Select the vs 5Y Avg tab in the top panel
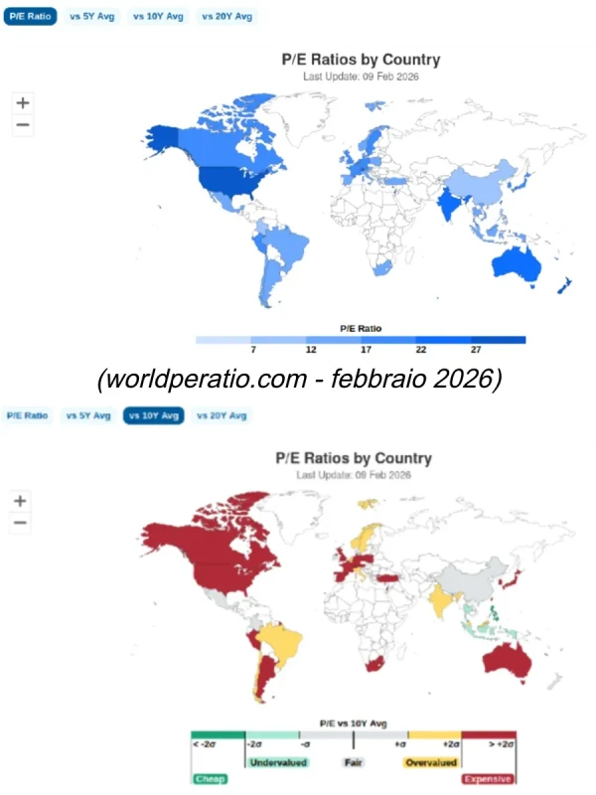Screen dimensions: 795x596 [92, 17]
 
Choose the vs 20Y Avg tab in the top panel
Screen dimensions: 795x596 [227, 17]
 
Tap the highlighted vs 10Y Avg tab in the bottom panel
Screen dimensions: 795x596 [153, 415]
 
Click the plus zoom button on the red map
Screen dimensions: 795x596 [21, 501]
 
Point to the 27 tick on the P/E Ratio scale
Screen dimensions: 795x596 [476, 351]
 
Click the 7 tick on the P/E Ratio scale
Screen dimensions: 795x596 [253, 351]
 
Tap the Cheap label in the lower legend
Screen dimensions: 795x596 [210, 780]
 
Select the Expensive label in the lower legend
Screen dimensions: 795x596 [489, 780]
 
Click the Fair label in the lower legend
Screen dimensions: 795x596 [353, 763]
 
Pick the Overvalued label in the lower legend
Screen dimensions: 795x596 [430, 763]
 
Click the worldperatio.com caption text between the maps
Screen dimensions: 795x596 [299, 380]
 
